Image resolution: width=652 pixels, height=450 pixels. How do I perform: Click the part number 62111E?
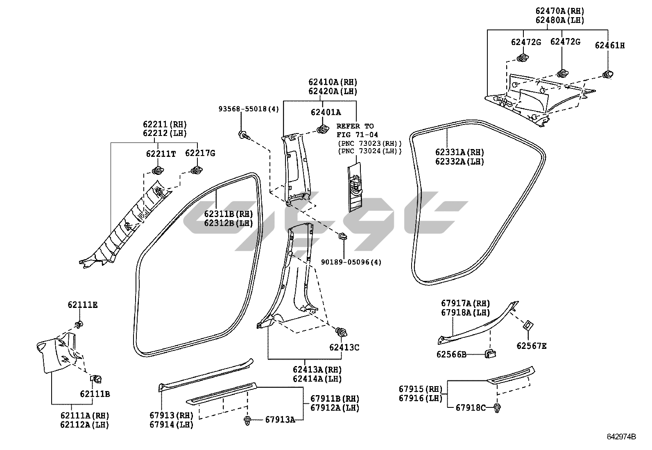(x=83, y=305)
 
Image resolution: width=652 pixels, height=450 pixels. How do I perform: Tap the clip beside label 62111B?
(x=97, y=379)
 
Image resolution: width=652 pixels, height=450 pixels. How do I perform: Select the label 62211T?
(x=161, y=154)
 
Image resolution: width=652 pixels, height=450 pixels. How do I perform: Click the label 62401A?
(x=326, y=112)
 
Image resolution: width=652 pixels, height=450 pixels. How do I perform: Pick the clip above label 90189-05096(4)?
(x=342, y=236)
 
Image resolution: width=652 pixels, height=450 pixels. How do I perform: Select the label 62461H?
(x=610, y=45)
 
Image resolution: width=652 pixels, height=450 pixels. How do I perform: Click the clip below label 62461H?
(x=608, y=74)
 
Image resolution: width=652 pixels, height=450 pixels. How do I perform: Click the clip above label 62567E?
(x=528, y=326)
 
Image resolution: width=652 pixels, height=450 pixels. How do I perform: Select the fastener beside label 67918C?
(x=498, y=407)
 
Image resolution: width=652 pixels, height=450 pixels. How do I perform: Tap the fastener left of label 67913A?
(x=248, y=420)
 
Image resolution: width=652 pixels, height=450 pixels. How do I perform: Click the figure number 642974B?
(x=621, y=436)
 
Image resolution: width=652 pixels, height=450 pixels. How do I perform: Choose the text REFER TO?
(x=355, y=126)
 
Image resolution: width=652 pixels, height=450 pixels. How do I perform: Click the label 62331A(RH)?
(x=460, y=152)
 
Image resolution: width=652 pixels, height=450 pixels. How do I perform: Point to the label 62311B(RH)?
(x=229, y=214)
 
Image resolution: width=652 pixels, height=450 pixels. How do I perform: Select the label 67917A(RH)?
(x=465, y=303)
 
